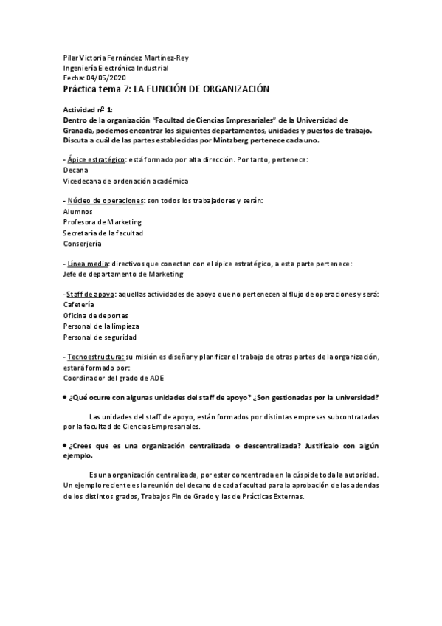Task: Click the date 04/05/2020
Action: (108, 77)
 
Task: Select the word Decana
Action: (76, 170)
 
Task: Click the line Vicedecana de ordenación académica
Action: (125, 180)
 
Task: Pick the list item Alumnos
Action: (78, 212)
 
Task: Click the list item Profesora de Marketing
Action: (103, 222)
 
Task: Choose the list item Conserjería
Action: (83, 243)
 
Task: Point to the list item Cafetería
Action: (79, 305)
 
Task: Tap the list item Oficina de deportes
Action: (96, 315)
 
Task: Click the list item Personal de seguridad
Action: (100, 336)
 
